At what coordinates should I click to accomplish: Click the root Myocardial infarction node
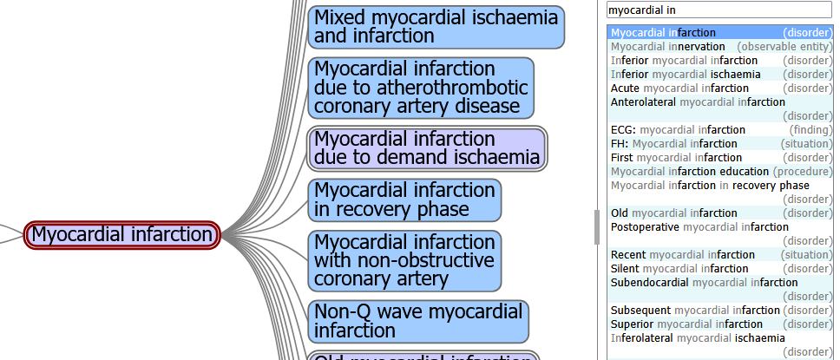pos(121,234)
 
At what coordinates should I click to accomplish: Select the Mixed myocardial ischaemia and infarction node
pos(436,27)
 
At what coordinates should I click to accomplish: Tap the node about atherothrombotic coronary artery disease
pos(421,88)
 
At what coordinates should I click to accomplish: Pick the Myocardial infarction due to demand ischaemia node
pos(427,148)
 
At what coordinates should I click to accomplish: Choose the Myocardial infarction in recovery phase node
pos(404,200)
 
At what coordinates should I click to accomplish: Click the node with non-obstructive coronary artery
pos(404,260)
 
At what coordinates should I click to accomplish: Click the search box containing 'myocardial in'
pos(719,10)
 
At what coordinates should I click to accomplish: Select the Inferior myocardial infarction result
pos(684,61)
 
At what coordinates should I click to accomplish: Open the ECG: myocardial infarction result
pos(666,130)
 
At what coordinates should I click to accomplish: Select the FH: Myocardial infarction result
pos(662,144)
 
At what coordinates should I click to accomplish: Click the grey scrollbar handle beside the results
pos(596,226)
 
